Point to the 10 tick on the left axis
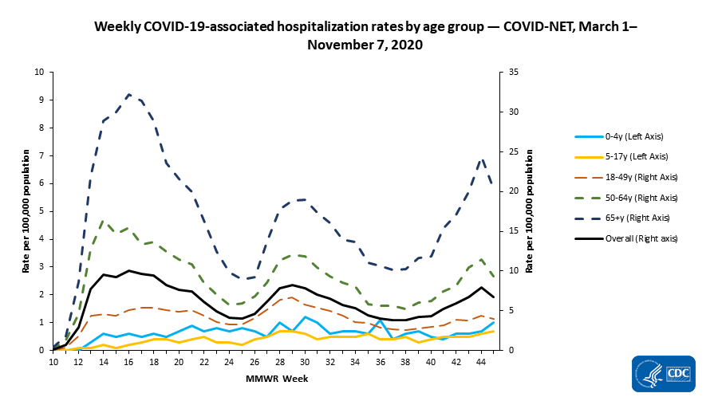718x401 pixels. pyautogui.click(x=40, y=72)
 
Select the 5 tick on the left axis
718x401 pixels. pyautogui.click(x=42, y=211)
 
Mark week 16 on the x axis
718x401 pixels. pyautogui.click(x=128, y=362)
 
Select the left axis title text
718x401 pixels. pyautogui.click(x=26, y=210)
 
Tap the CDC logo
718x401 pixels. pyautogui.click(x=662, y=373)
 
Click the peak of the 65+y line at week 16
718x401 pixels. pyautogui.click(x=128, y=94)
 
